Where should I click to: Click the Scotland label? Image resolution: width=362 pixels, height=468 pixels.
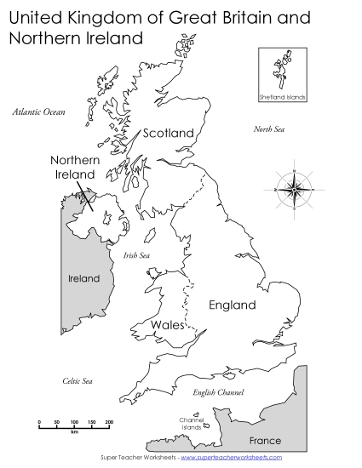coord(169,133)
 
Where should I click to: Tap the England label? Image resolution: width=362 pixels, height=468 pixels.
coord(233,305)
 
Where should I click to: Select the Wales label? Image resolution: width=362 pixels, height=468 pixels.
coord(167,325)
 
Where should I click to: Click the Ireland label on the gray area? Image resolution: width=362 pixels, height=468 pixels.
coord(84,278)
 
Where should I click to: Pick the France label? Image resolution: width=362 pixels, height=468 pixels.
coord(264,441)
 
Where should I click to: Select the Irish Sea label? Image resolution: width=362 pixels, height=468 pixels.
coord(136,254)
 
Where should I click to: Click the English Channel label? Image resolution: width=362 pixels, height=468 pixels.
coord(218,392)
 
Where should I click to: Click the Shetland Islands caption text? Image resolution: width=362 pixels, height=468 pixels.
coord(282,99)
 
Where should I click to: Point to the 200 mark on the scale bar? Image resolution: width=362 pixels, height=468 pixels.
coord(109,422)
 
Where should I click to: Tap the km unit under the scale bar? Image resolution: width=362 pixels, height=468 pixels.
coord(74,432)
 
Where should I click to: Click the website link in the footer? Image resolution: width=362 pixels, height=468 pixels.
coord(231,457)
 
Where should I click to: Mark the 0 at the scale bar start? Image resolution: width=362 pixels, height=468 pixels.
coord(38,422)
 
